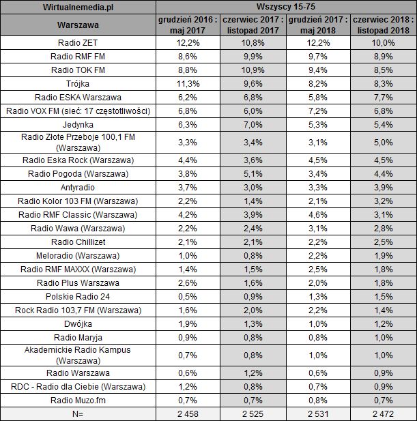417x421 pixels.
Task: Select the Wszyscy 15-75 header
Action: point(286,7)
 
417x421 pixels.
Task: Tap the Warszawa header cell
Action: point(78,26)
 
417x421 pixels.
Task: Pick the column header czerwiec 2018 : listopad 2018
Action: point(384,26)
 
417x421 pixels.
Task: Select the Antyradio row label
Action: point(78,187)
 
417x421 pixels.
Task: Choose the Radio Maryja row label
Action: point(78,336)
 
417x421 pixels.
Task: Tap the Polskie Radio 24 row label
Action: point(78,296)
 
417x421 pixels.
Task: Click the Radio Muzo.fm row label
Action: point(78,399)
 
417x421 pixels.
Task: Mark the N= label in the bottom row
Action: point(78,413)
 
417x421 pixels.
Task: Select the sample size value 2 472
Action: point(384,413)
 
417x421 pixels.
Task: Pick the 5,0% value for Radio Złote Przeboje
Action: point(384,142)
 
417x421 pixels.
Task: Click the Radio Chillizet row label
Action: point(78,242)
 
